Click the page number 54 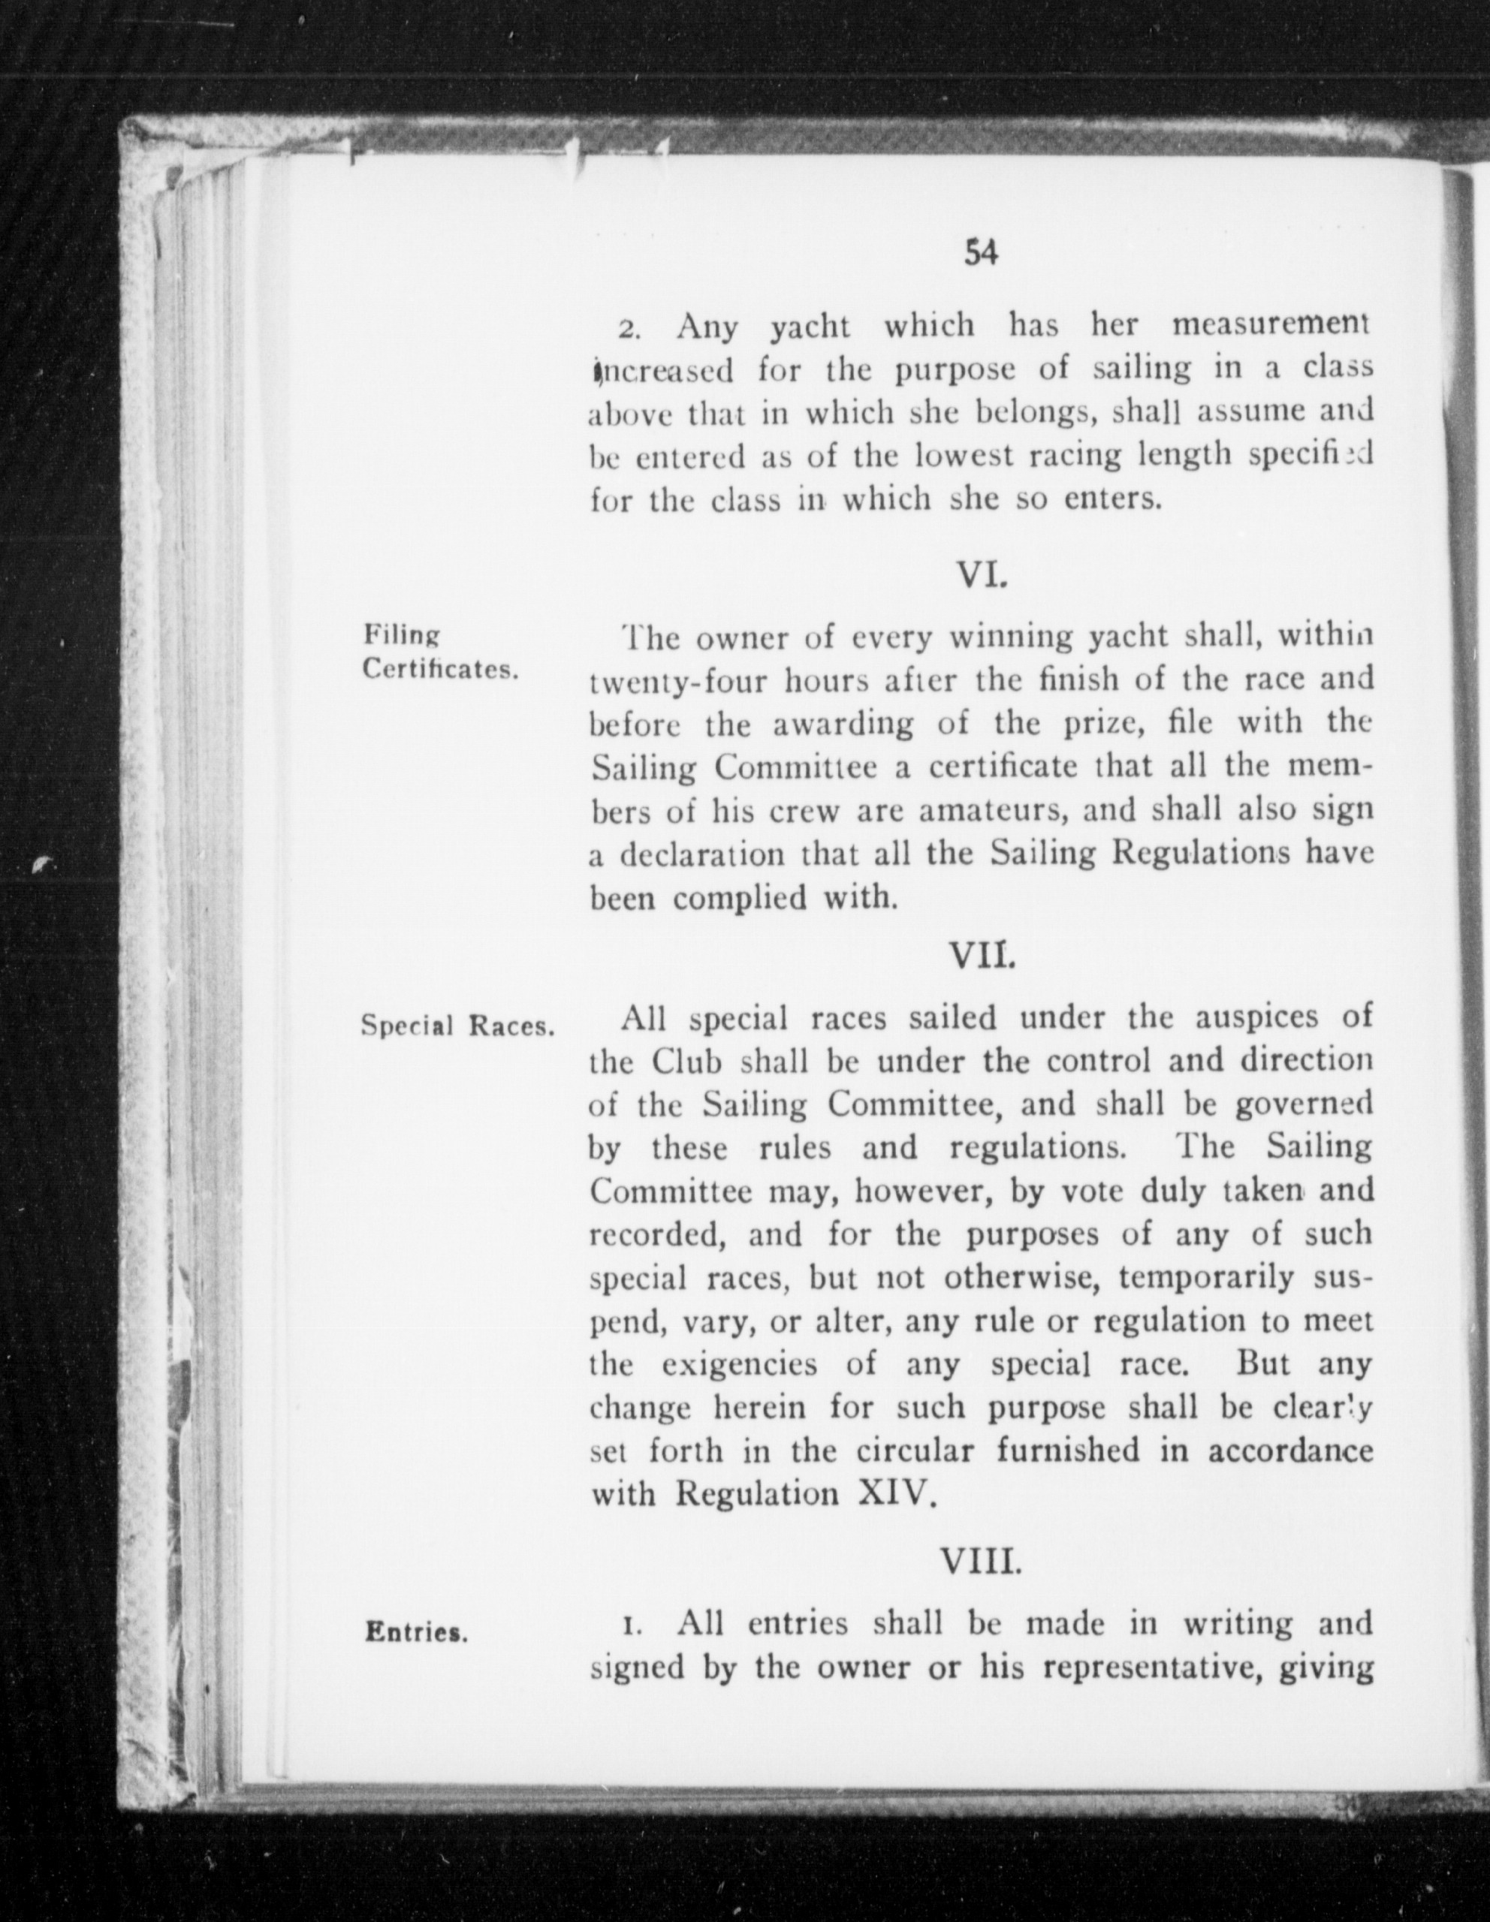tap(980, 254)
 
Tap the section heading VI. tap(980, 577)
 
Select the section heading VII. tap(980, 955)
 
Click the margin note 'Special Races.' tap(457, 1027)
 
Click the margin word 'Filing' tap(401, 635)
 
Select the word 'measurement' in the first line tap(1271, 327)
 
